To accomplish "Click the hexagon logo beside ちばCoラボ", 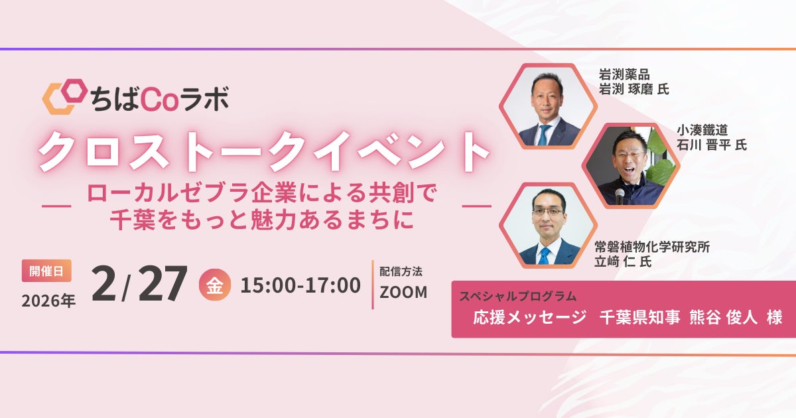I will click(x=64, y=97).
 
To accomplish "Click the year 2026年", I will click(x=48, y=301).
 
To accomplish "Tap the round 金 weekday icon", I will click(x=215, y=285).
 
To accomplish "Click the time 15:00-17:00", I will click(x=300, y=285).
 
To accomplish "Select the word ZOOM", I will click(x=403, y=292).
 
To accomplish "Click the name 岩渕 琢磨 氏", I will click(x=633, y=89).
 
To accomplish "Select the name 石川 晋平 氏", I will click(x=711, y=145).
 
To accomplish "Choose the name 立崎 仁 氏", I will click(x=623, y=262).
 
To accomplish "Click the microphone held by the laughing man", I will click(x=620, y=195).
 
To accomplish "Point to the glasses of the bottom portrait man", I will click(x=548, y=211).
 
